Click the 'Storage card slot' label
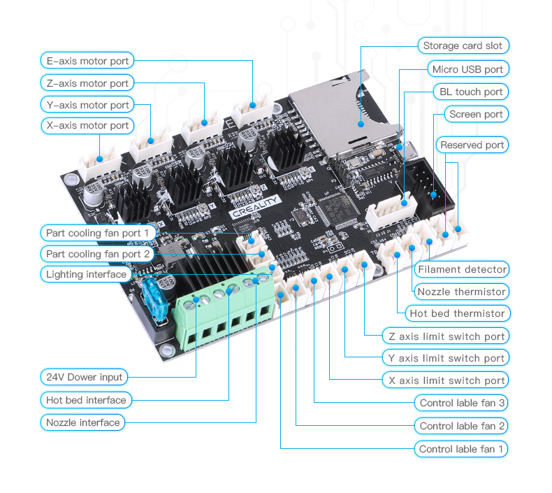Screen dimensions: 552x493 [463, 45]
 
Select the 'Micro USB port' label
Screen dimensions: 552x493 [468, 69]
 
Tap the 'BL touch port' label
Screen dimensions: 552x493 [471, 92]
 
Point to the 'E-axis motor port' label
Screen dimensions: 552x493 [87, 61]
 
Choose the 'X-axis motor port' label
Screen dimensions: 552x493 [87, 125]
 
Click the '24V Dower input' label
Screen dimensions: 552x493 [84, 377]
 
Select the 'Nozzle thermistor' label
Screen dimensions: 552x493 [462, 292]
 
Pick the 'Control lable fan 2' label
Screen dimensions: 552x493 [462, 426]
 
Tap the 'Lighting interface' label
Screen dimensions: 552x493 [86, 274]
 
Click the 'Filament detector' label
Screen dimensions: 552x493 [462, 270]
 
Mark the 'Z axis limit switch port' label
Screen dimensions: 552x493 [446, 336]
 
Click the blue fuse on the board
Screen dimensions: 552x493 [155, 299]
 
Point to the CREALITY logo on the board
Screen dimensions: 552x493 [254, 207]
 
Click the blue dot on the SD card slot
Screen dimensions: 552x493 [361, 124]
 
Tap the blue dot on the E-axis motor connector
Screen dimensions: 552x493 [252, 105]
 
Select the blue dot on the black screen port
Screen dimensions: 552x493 [433, 194]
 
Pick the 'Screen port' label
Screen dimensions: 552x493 [477, 114]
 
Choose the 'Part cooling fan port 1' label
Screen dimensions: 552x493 [99, 233]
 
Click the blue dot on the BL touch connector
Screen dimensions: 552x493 [404, 203]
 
